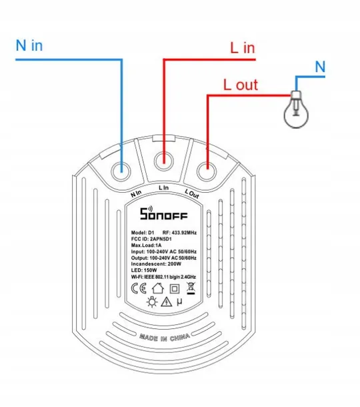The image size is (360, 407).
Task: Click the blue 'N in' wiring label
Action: click(x=29, y=45)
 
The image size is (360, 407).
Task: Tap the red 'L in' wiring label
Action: click(x=243, y=48)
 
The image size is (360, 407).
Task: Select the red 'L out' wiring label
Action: click(x=241, y=85)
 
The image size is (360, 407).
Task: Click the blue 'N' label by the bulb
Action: click(x=320, y=67)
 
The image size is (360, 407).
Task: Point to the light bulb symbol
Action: click(x=296, y=109)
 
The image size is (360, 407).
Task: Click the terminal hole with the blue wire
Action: click(x=121, y=171)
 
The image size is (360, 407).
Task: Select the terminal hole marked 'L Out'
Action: click(x=207, y=171)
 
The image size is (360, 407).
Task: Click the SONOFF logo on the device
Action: click(x=163, y=214)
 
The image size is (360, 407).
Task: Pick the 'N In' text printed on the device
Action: click(x=136, y=193)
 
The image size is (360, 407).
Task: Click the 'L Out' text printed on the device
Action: click(x=192, y=193)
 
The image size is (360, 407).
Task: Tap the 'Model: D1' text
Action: click(x=143, y=233)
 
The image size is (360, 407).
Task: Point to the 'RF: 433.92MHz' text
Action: click(x=179, y=233)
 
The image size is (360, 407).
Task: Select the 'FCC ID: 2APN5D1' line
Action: click(x=151, y=239)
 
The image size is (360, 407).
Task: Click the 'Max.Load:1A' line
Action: click(x=146, y=246)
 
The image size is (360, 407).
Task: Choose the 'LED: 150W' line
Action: click(x=144, y=270)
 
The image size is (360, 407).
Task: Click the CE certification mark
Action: click(x=139, y=288)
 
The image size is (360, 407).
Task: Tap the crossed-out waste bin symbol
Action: click(x=191, y=288)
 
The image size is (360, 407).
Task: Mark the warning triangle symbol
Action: click(x=167, y=302)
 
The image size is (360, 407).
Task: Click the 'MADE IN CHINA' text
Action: click(x=165, y=338)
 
